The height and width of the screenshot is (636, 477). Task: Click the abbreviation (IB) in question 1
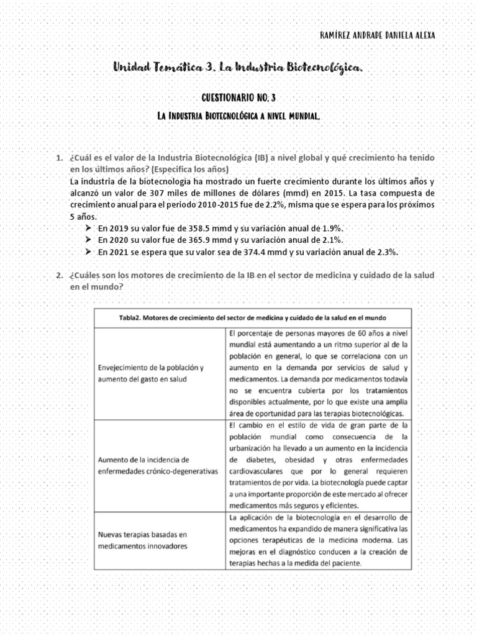244,158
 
